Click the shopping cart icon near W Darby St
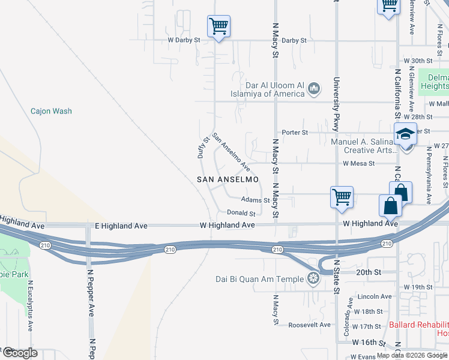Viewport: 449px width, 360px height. point(219,26)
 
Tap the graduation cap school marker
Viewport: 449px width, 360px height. point(406,134)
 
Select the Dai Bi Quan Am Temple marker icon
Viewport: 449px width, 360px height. point(313,278)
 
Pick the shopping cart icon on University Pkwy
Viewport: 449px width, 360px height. point(342,197)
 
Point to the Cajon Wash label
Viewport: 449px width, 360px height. point(51,111)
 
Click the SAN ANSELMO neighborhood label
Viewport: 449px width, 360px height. point(228,179)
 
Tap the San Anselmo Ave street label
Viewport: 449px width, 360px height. point(231,152)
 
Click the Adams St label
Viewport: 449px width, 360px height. point(255,200)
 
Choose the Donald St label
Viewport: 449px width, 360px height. point(241,213)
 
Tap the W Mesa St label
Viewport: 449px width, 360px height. point(358,163)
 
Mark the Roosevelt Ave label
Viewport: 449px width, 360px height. point(309,325)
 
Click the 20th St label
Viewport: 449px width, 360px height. point(364,272)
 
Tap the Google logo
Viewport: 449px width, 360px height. point(19,352)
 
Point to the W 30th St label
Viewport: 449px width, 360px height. point(418,61)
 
